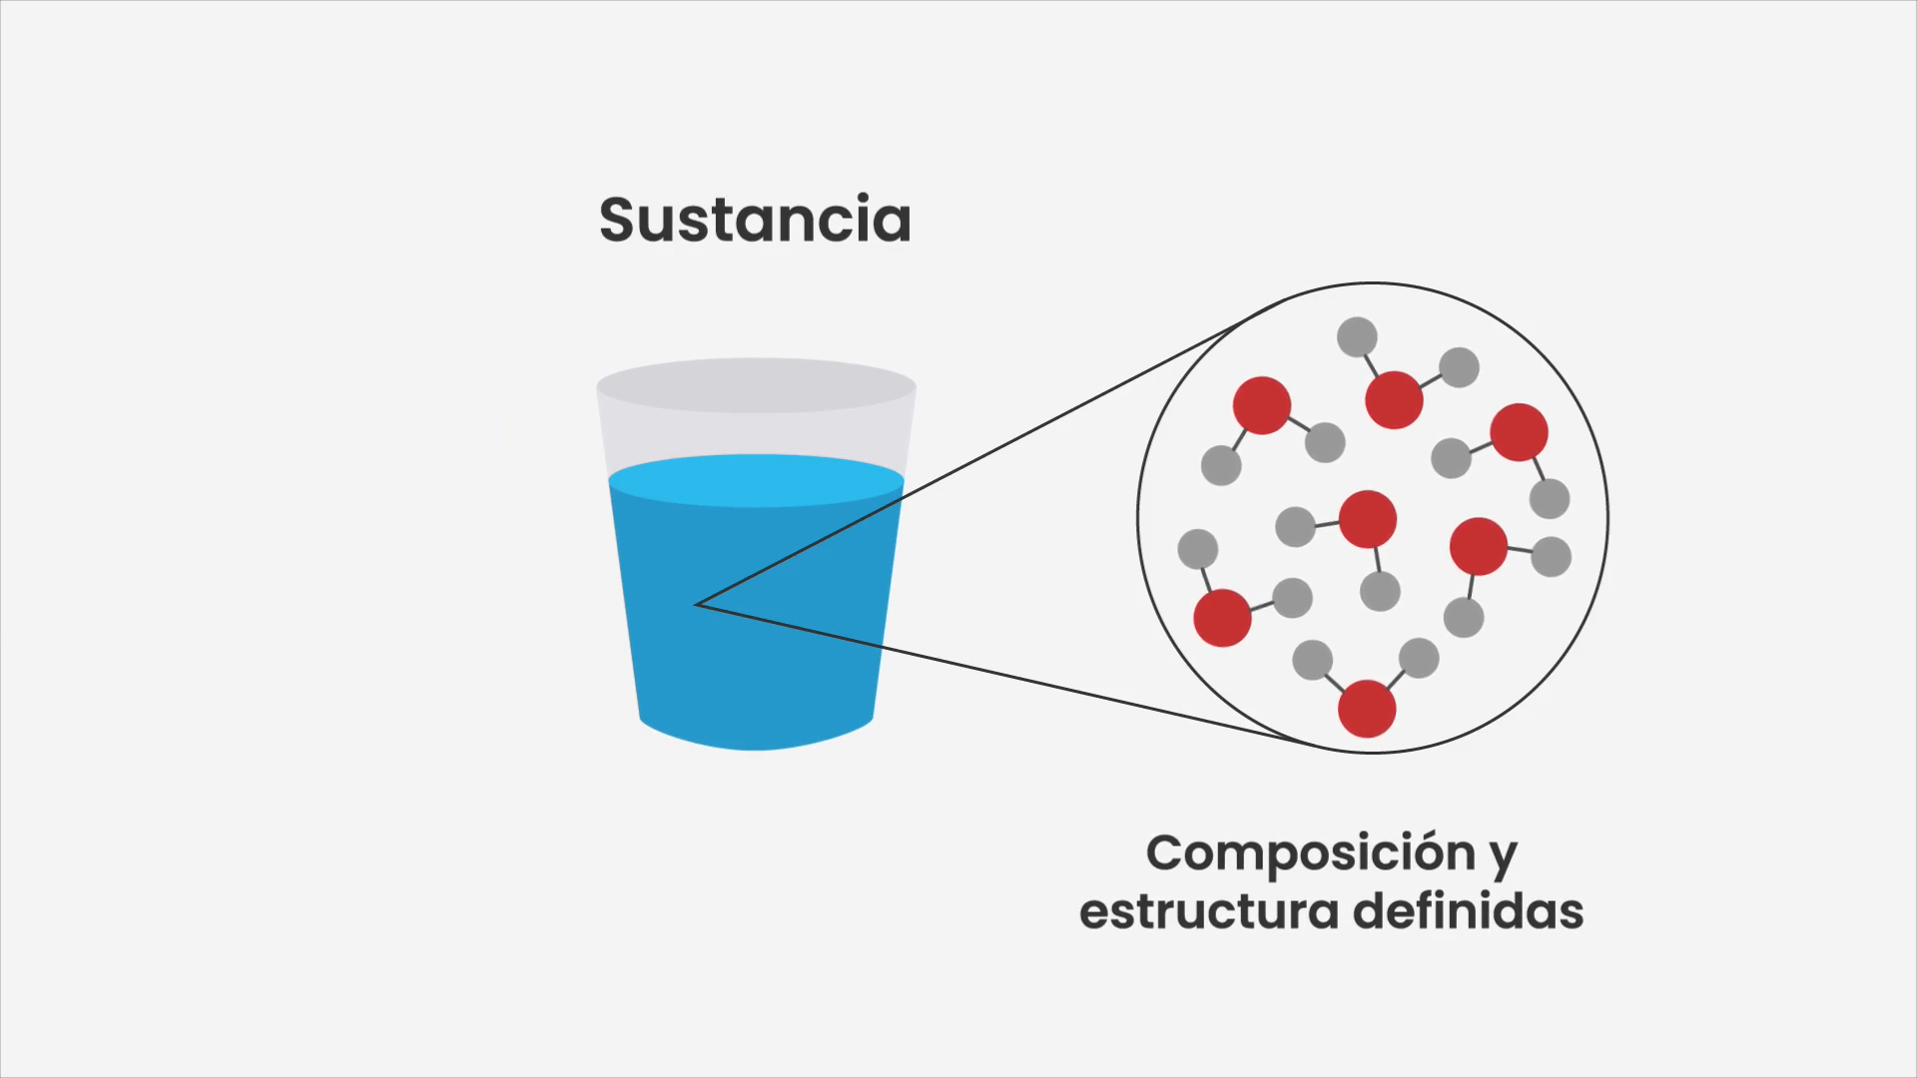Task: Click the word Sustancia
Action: coord(755,220)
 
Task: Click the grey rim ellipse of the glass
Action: coord(756,385)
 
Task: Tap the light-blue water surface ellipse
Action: coord(756,480)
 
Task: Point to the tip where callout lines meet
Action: coord(696,604)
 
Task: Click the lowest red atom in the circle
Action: coord(1367,709)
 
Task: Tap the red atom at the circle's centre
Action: coord(1368,519)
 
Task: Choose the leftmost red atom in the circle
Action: coord(1223,618)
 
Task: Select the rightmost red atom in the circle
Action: coord(1520,432)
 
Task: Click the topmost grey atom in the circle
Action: coord(1358,337)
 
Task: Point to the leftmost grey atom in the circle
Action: coord(1198,549)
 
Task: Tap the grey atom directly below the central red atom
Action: coord(1380,591)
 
